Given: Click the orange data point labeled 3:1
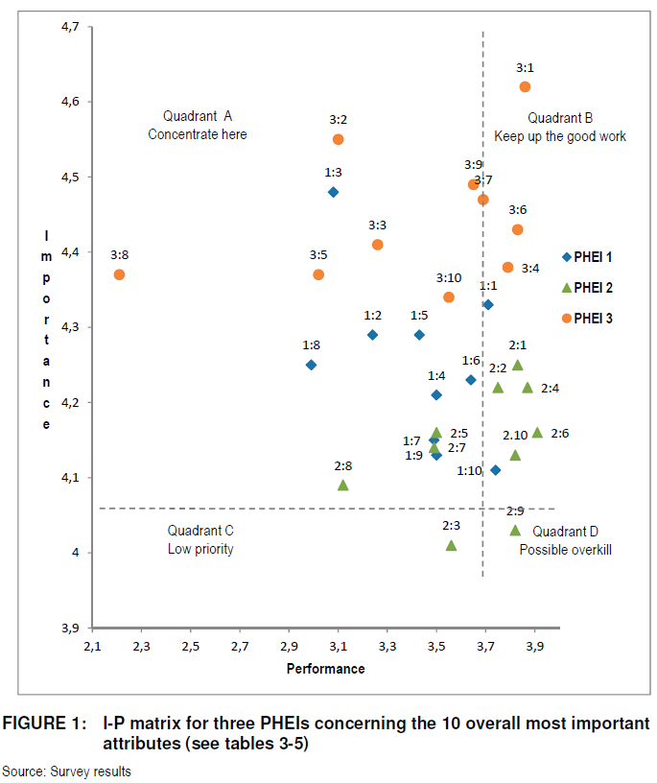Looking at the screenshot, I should point(525,86).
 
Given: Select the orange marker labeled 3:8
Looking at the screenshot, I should point(119,274).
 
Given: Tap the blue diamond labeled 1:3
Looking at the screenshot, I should point(333,192).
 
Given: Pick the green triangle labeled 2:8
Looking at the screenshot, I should point(342,486).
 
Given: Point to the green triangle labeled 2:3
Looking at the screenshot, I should point(451,545).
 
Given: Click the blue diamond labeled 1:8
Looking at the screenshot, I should point(311,365).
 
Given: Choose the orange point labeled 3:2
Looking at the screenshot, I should point(338,139).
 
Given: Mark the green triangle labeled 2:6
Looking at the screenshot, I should point(537,433).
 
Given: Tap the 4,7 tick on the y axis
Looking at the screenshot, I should point(69,26).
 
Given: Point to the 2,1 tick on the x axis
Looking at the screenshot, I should point(93,646).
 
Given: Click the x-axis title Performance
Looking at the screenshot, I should point(326,669).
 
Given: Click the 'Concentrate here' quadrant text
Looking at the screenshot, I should point(198,135).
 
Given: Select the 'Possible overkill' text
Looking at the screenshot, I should point(565,550).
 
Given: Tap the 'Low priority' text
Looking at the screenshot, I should point(200,549).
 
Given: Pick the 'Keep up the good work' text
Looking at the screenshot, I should point(560,136).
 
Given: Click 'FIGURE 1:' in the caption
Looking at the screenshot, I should point(46,723).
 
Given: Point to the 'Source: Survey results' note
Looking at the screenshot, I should point(66,771).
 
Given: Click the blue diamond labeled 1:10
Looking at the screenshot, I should point(495,470).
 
